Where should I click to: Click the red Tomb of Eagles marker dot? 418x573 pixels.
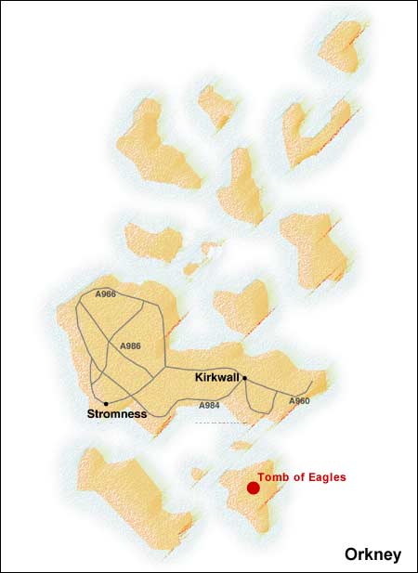pos(253,488)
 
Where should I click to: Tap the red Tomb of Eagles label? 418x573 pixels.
pos(302,477)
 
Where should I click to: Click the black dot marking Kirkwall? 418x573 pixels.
pos(244,378)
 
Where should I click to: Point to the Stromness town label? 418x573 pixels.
pos(116,413)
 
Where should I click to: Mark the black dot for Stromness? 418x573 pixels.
pos(106,402)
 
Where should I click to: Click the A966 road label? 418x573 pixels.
pos(106,294)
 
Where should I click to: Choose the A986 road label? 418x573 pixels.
pos(130,345)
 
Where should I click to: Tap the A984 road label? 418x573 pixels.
pos(211,405)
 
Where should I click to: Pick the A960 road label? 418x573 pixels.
pos(298,400)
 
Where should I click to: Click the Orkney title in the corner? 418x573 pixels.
pos(372,554)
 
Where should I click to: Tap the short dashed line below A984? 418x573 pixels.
pos(222,423)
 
